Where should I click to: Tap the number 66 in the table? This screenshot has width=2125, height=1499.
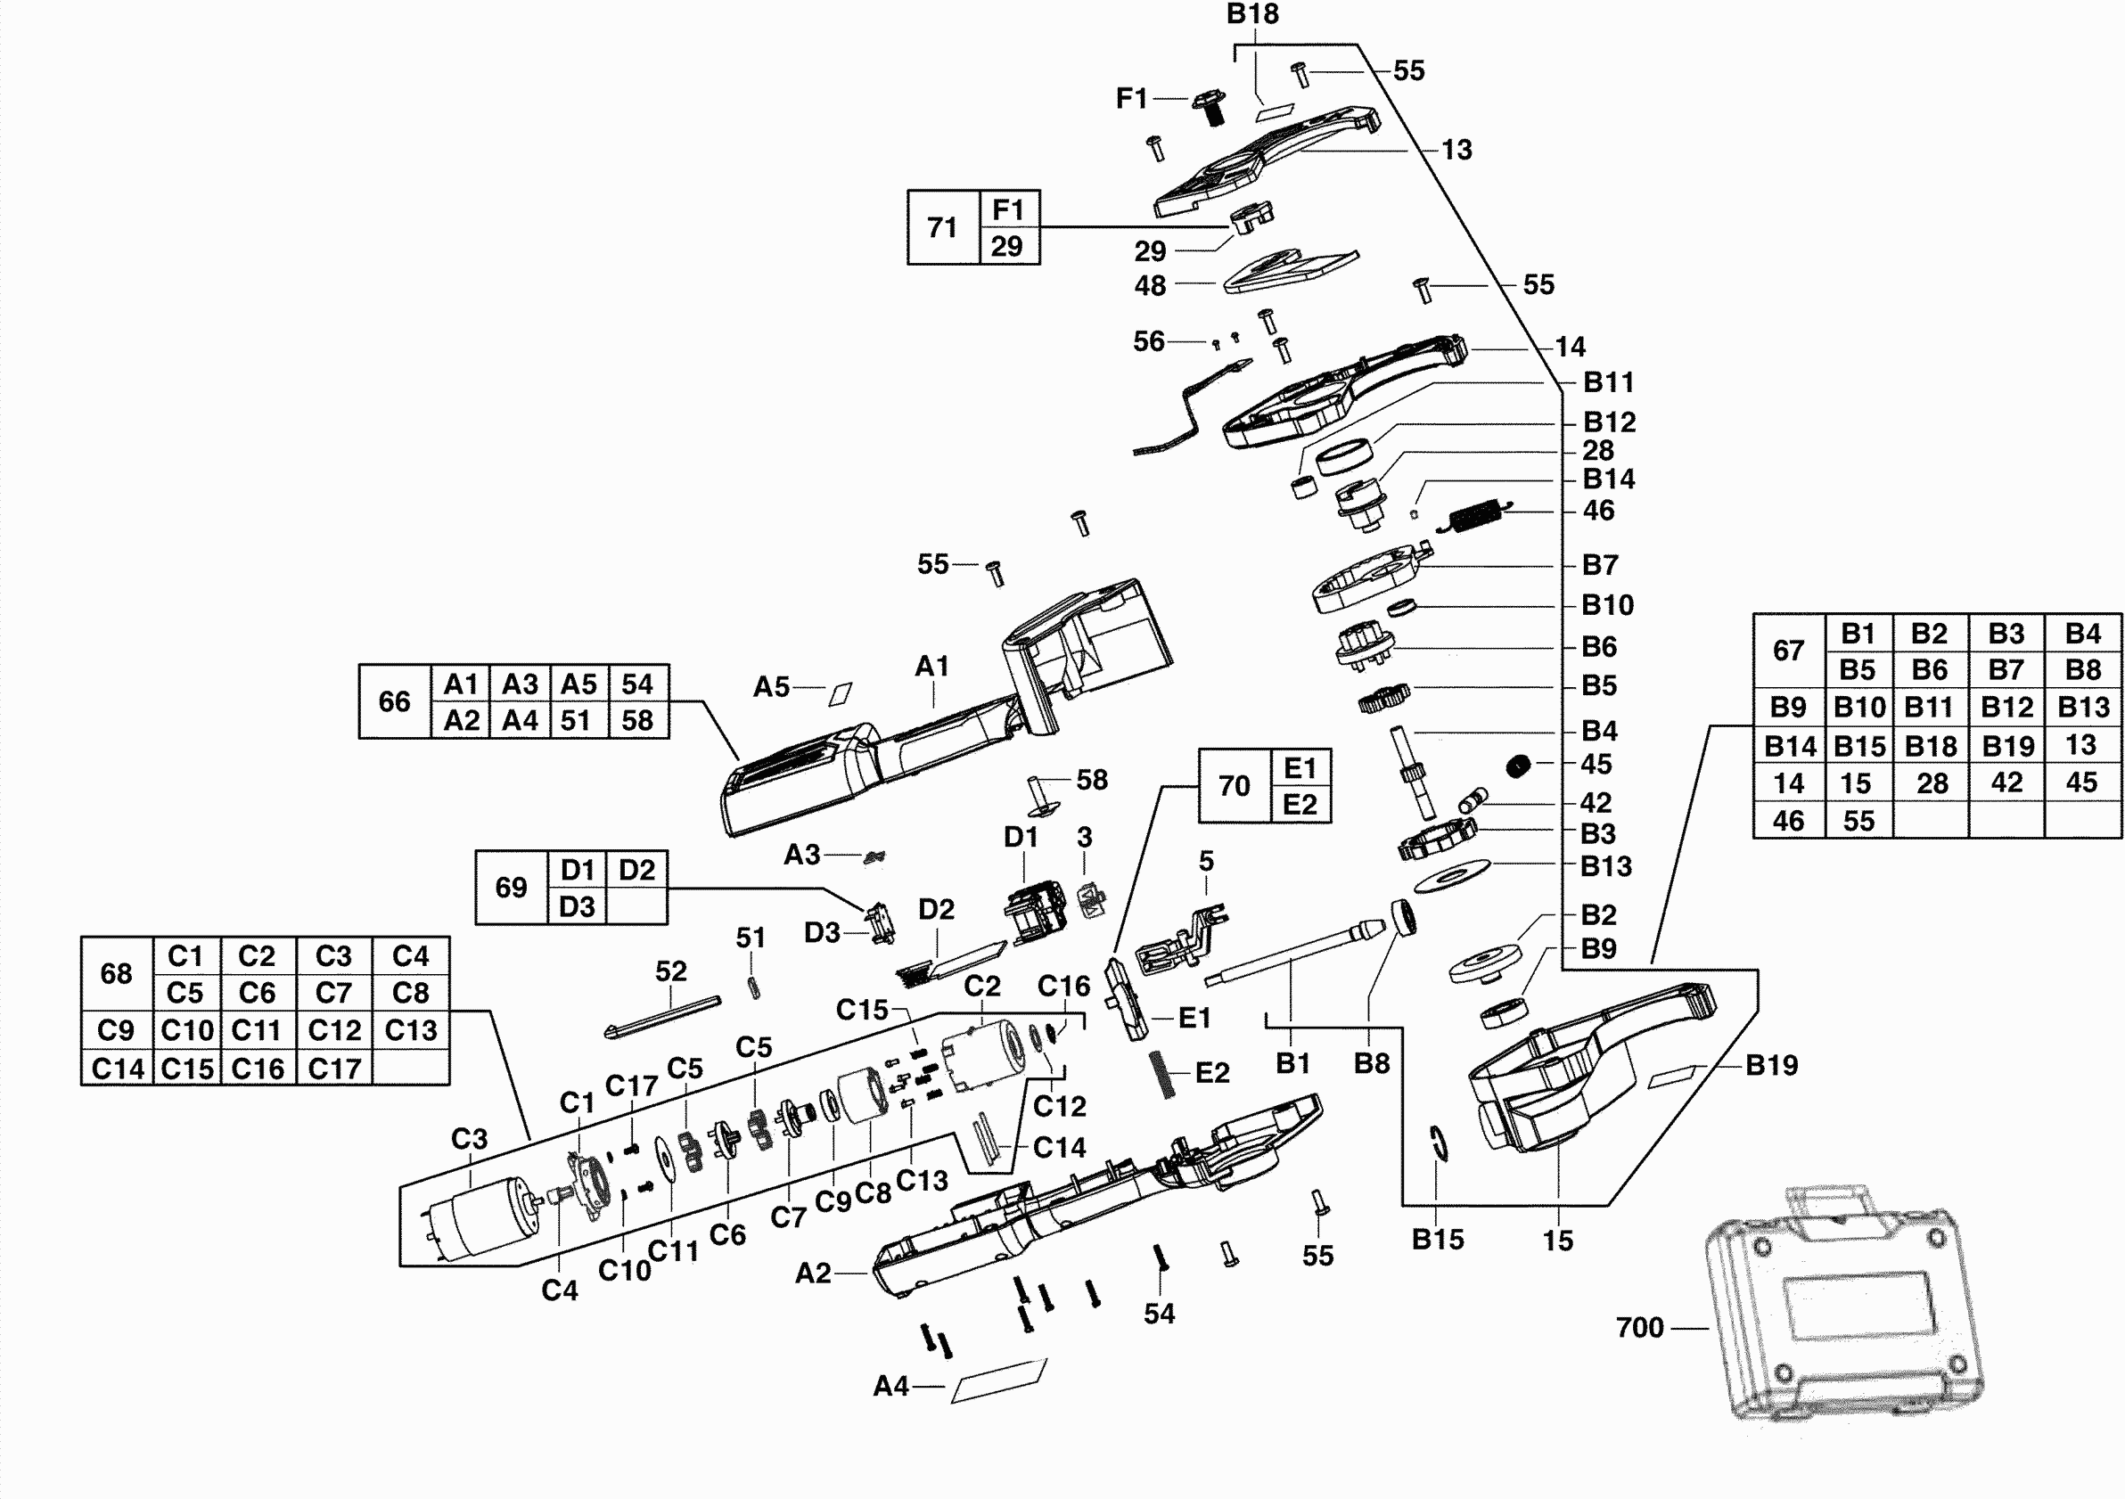pyautogui.click(x=394, y=701)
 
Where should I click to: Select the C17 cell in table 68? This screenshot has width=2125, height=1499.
pyautogui.click(x=334, y=1069)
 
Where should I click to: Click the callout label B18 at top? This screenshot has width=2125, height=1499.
pyautogui.click(x=1252, y=14)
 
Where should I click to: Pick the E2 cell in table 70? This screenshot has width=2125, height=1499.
pyautogui.click(x=1300, y=805)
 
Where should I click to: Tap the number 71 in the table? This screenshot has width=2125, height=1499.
pyautogui.click(x=942, y=227)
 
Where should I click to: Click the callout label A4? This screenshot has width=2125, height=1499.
pyautogui.click(x=891, y=1386)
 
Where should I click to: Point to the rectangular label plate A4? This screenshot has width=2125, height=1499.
pyautogui.click(x=998, y=1380)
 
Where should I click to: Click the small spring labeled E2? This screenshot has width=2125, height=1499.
pyautogui.click(x=1162, y=1074)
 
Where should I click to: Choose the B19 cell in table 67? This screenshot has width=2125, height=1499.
pyautogui.click(x=2006, y=746)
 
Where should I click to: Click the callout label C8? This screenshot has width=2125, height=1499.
pyautogui.click(x=873, y=1192)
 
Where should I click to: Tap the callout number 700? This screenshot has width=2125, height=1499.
pyautogui.click(x=1640, y=1328)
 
